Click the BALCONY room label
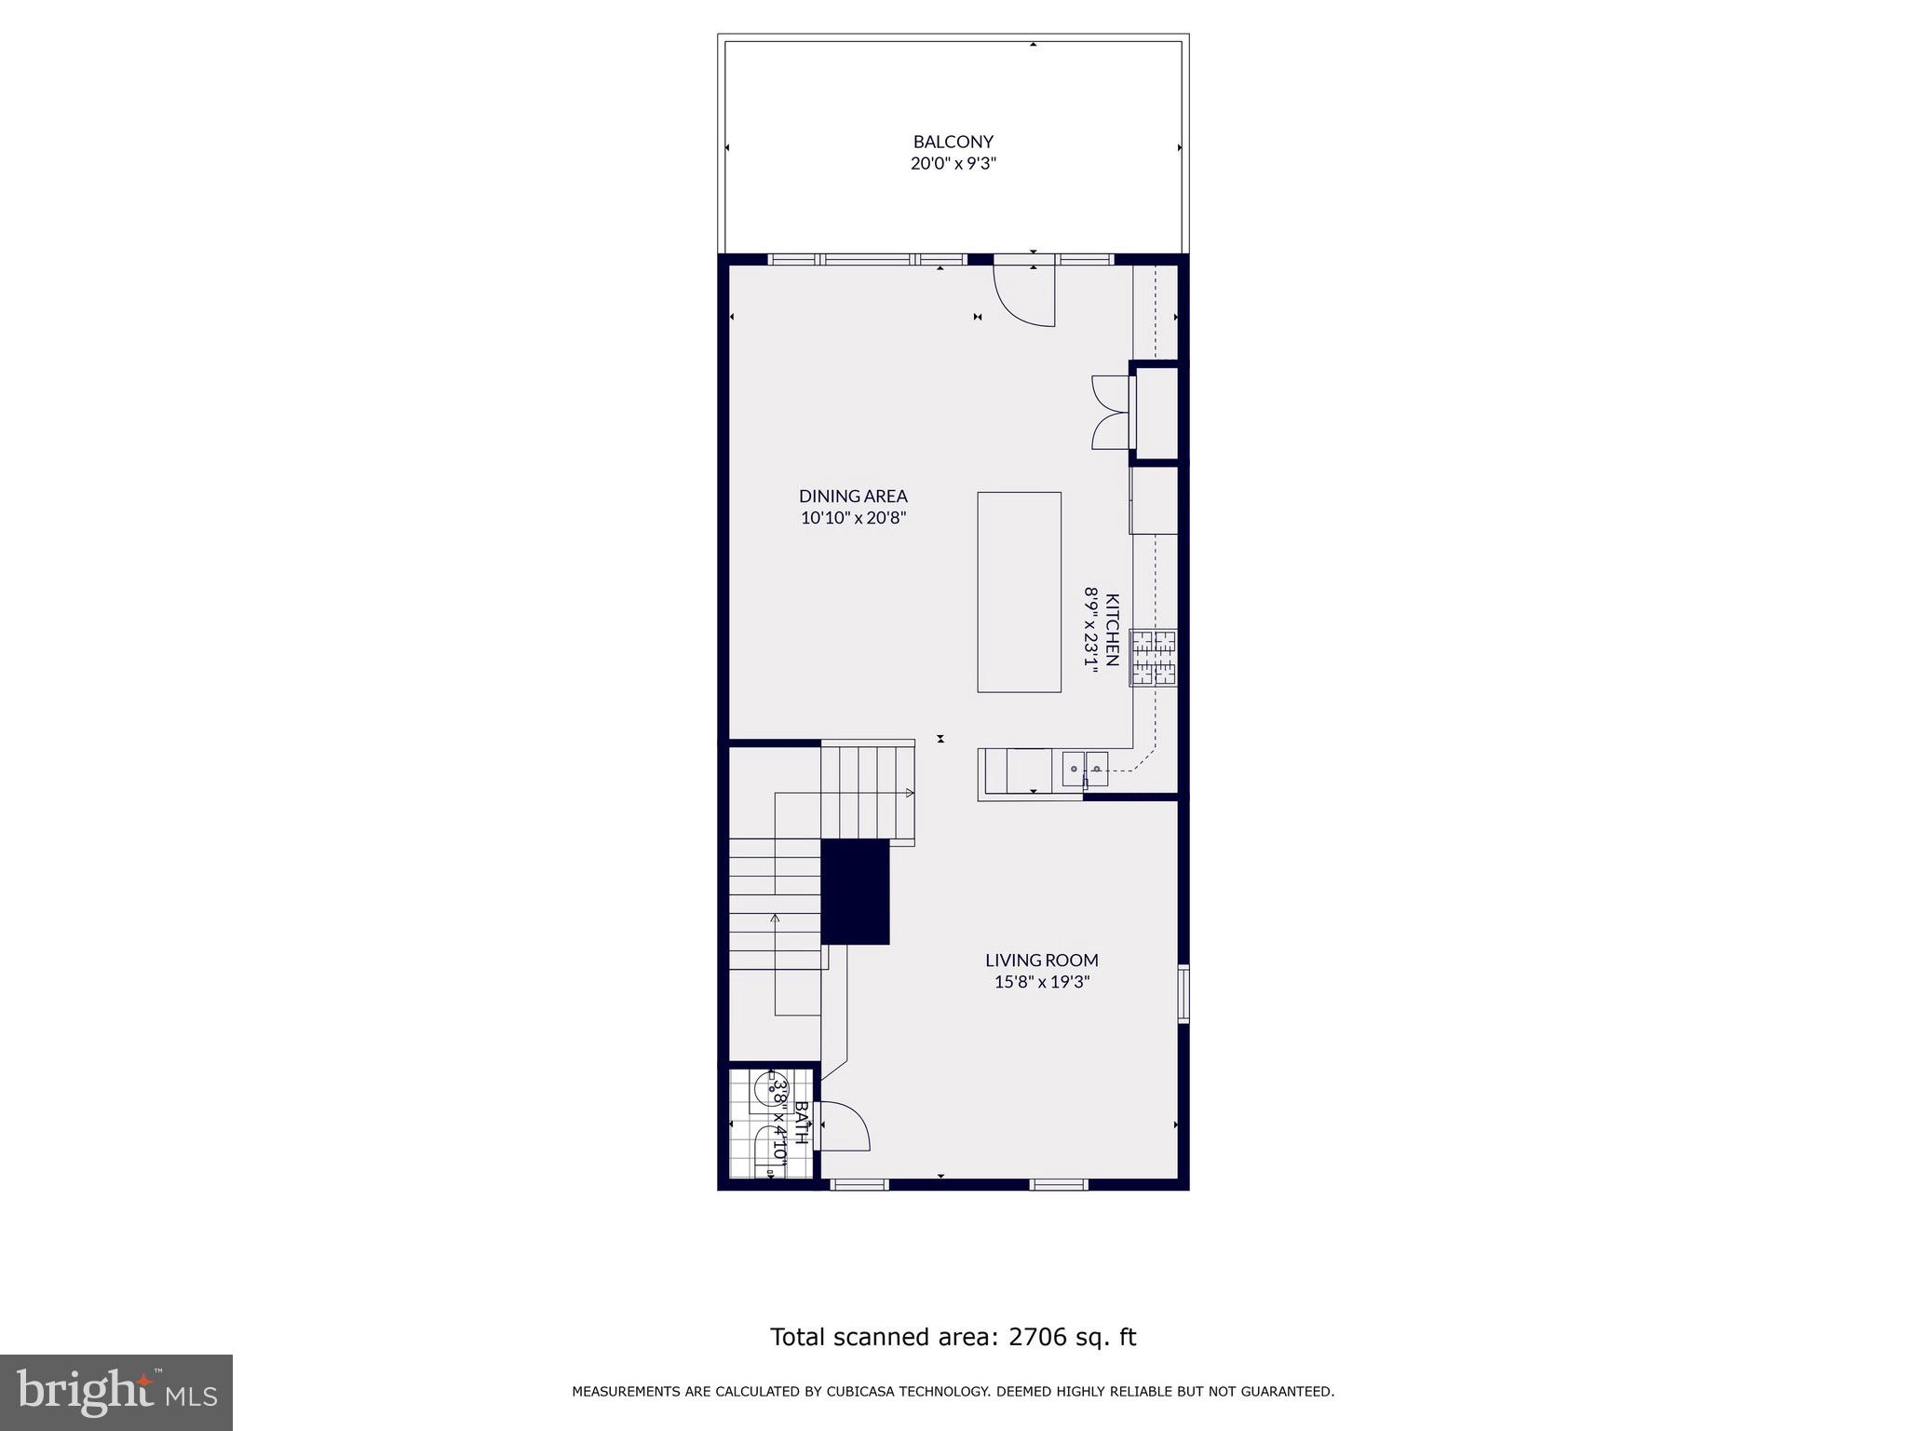953,142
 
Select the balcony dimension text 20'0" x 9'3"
953,164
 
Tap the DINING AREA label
853,497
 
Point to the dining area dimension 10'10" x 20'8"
853,518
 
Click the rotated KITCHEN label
1112,630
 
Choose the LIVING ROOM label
1041,960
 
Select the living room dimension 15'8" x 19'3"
1041,981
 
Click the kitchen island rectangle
1019,593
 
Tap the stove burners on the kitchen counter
1154,658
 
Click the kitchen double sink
1085,770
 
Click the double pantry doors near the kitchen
1110,412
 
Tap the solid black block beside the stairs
855,892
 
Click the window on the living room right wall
1183,994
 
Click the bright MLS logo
116,1392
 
